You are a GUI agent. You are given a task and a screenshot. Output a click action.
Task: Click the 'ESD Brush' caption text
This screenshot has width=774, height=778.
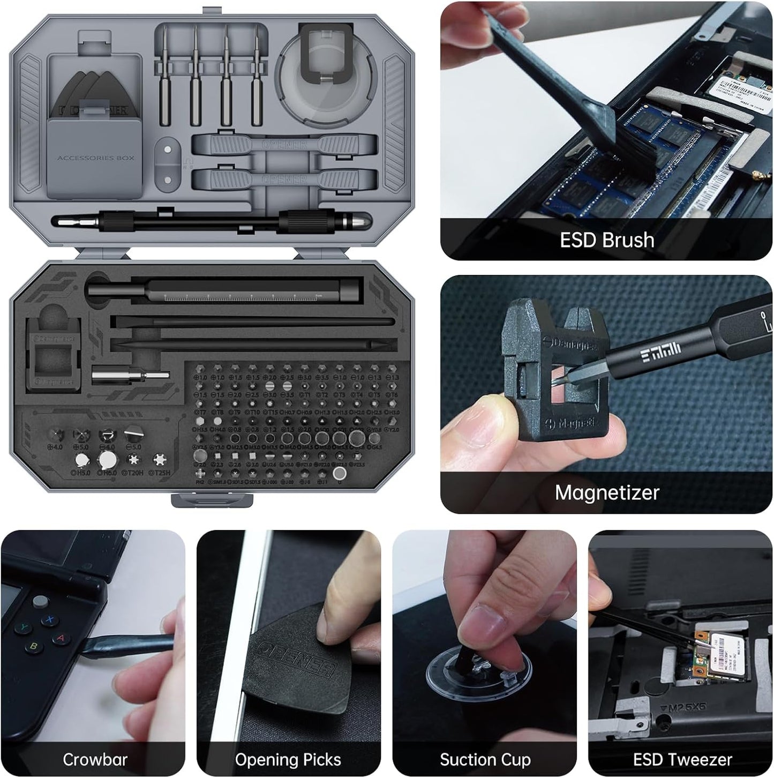click(607, 240)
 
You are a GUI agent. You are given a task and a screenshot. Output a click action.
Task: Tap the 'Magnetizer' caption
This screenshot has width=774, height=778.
click(606, 492)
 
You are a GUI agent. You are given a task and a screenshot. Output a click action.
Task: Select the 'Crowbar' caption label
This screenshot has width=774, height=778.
click(95, 759)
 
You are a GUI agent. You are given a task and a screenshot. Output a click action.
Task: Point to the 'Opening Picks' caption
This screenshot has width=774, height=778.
click(288, 759)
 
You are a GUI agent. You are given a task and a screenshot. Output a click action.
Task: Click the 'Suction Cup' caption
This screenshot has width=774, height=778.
click(485, 759)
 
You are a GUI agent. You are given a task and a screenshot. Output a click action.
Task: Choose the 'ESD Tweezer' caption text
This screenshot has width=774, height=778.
click(682, 759)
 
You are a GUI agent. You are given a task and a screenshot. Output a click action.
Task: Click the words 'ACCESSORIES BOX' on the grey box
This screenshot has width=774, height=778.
click(96, 158)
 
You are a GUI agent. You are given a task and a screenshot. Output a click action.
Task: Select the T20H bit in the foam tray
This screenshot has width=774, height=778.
click(133, 460)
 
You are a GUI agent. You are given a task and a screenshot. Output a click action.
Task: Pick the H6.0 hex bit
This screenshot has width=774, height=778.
click(107, 460)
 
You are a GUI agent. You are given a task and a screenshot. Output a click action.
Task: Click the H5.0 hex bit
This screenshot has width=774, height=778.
click(81, 460)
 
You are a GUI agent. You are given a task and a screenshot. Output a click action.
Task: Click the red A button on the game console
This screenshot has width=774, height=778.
click(61, 638)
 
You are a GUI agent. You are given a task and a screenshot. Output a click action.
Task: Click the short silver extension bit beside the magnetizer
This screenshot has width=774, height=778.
click(130, 376)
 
